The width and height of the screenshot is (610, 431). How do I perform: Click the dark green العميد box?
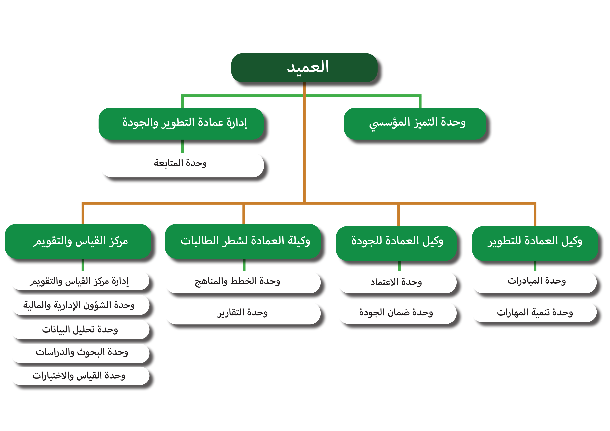[304, 68]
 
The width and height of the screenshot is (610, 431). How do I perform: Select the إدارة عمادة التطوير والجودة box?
[181, 124]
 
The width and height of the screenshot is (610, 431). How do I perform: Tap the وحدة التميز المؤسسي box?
[415, 124]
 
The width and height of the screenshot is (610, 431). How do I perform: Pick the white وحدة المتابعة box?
[182, 165]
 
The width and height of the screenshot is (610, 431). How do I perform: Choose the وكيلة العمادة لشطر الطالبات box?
[243, 241]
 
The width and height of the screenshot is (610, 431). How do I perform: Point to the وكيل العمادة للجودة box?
[396, 243]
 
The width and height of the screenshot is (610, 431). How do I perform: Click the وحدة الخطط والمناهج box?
[243, 282]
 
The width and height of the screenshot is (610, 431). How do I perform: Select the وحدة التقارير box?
[243, 313]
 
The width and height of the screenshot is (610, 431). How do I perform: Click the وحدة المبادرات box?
[534, 282]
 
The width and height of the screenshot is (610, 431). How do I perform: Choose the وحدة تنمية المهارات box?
[534, 312]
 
